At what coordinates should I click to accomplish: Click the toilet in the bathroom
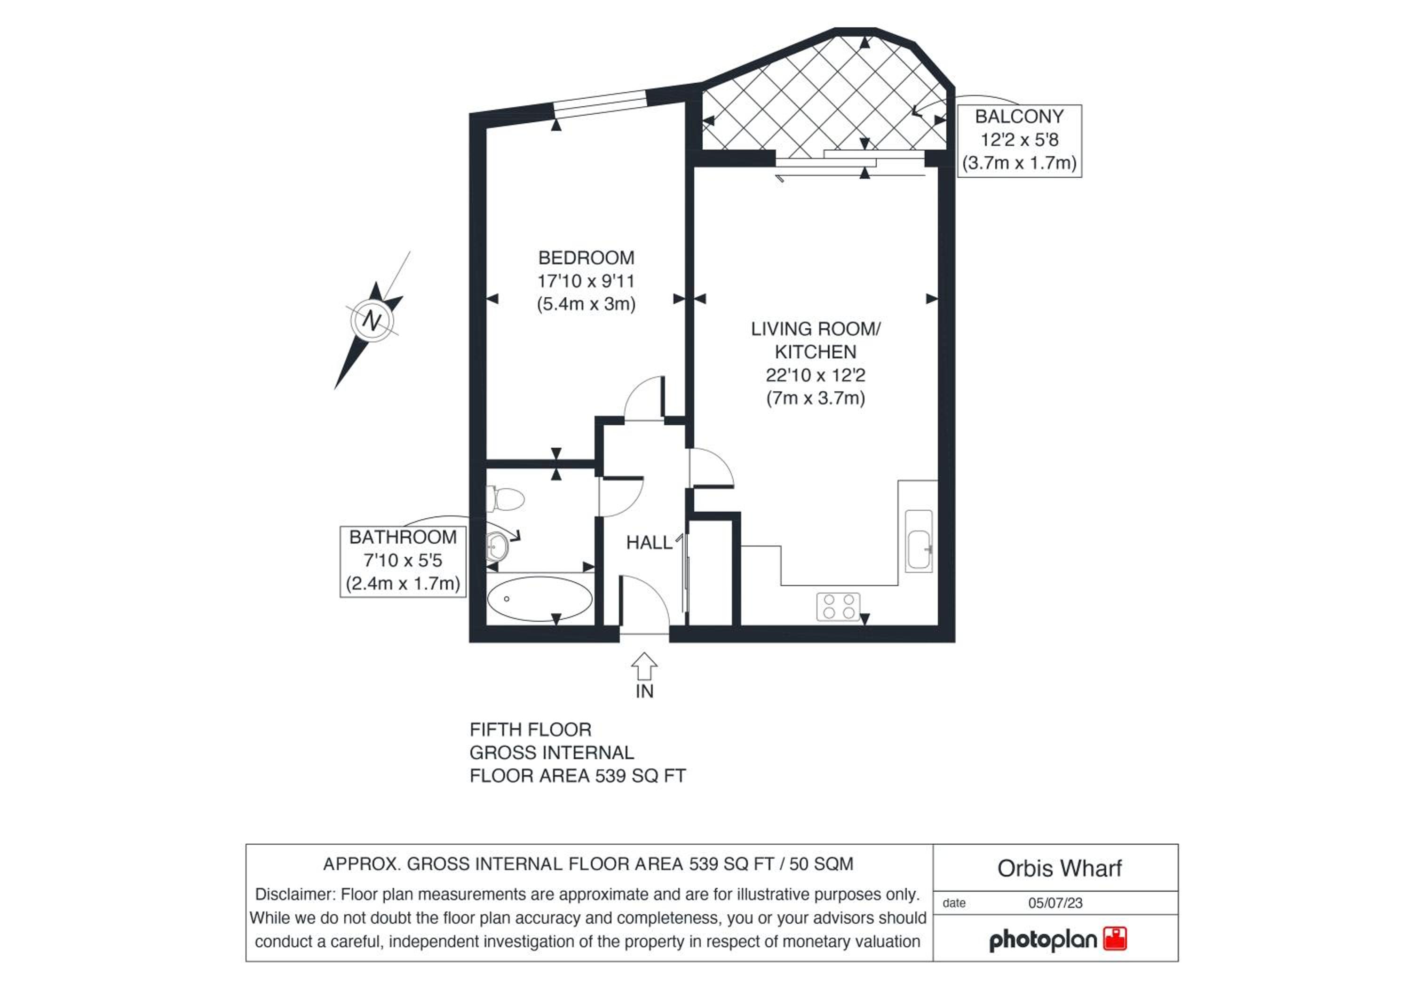tap(505, 499)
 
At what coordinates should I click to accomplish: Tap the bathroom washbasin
tap(497, 546)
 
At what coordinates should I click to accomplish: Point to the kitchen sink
tap(919, 541)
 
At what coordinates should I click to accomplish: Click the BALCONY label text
tap(1019, 117)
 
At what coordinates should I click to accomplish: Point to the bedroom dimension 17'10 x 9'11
tap(587, 281)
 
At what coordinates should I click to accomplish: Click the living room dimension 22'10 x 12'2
tap(816, 375)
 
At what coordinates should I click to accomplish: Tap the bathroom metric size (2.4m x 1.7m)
tap(403, 584)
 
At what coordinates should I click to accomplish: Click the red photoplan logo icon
tap(1115, 939)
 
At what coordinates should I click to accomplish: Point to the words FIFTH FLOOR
tap(531, 730)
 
